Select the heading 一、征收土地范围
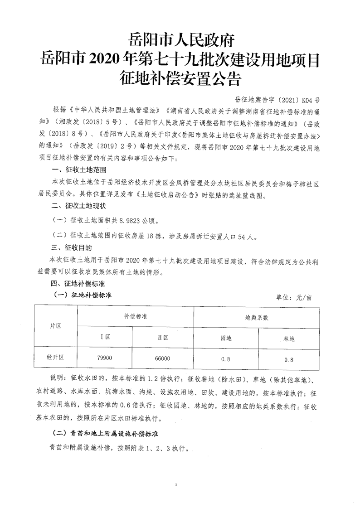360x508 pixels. (79, 170)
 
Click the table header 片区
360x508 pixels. (56, 327)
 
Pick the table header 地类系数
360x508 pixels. (257, 317)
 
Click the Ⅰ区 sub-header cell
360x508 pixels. (105, 338)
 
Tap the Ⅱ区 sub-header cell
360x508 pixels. (163, 338)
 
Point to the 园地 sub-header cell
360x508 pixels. (226, 338)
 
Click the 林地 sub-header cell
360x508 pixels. (289, 338)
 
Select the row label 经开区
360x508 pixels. (56, 357)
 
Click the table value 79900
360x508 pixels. (105, 358)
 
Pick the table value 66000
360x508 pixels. (163, 358)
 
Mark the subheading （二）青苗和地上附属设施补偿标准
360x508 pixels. (106, 434)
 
